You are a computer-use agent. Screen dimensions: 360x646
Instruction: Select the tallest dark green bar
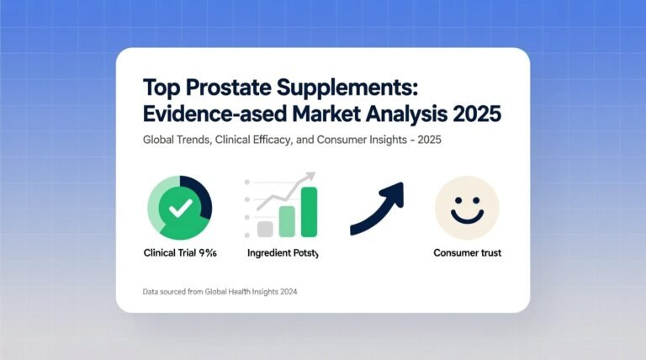[x=309, y=211]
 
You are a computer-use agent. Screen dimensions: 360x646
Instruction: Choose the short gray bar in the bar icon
[x=266, y=228]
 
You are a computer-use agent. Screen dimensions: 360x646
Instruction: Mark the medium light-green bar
[x=288, y=220]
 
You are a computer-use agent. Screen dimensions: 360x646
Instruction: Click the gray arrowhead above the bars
[x=310, y=177]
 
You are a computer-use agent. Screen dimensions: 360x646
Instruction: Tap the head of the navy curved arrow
[x=394, y=193]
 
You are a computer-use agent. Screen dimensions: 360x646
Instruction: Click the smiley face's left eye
[x=457, y=199]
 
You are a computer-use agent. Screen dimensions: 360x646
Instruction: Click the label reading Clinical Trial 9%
[x=179, y=252]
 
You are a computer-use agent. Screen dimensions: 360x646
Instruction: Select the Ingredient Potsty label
[x=283, y=252]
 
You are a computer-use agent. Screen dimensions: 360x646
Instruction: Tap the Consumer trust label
[x=467, y=252]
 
